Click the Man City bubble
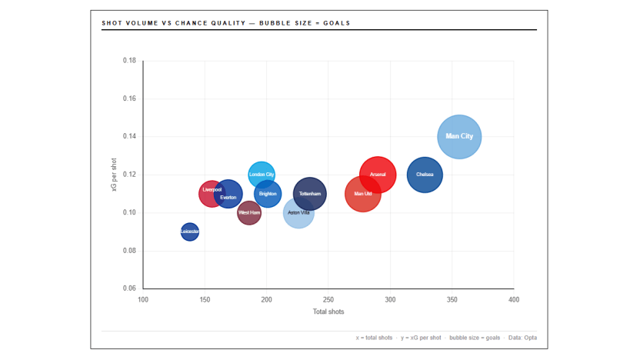pyautogui.click(x=459, y=136)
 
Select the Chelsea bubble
pyautogui.click(x=425, y=175)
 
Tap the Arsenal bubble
pyautogui.click(x=378, y=175)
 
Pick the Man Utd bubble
pyautogui.click(x=363, y=194)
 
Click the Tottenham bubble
pyautogui.click(x=311, y=194)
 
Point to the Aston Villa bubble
pyautogui.click(x=298, y=213)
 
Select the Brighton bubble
pyautogui.click(x=268, y=194)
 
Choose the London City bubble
pyautogui.click(x=262, y=174)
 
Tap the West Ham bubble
pyautogui.click(x=248, y=212)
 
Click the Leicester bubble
pyautogui.click(x=189, y=232)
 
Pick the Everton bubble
pyautogui.click(x=229, y=195)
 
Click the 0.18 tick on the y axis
pyautogui.click(x=129, y=61)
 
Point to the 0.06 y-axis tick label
pyautogui.click(x=129, y=288)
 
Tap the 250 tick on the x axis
pyautogui.click(x=328, y=300)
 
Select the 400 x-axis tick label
pyautogui.click(x=514, y=300)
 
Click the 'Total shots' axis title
pyautogui.click(x=328, y=312)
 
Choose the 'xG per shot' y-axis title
pyautogui.click(x=115, y=175)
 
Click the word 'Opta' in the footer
pyautogui.click(x=530, y=338)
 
